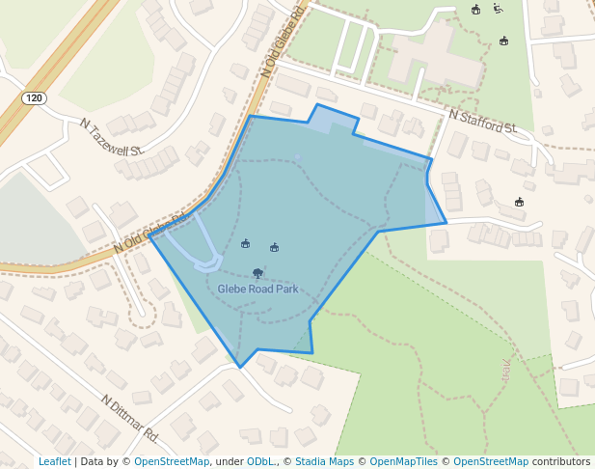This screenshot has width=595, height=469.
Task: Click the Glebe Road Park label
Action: (x=257, y=289)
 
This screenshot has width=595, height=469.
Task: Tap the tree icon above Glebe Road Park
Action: (x=257, y=273)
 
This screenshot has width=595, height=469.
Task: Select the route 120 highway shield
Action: (x=35, y=98)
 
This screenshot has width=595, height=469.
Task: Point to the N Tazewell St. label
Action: (x=112, y=137)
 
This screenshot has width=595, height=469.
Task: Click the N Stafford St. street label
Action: (x=483, y=122)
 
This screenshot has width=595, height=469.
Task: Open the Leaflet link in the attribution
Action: (x=54, y=461)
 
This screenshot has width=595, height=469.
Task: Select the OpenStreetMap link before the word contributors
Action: (x=490, y=461)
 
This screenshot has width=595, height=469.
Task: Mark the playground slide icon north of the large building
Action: (x=498, y=10)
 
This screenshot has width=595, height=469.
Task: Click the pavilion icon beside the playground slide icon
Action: (x=475, y=10)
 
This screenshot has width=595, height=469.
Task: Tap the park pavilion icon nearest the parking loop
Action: (x=245, y=243)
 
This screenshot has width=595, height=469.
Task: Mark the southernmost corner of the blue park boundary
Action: (x=240, y=367)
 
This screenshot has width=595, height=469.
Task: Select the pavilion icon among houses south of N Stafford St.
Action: (x=519, y=202)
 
